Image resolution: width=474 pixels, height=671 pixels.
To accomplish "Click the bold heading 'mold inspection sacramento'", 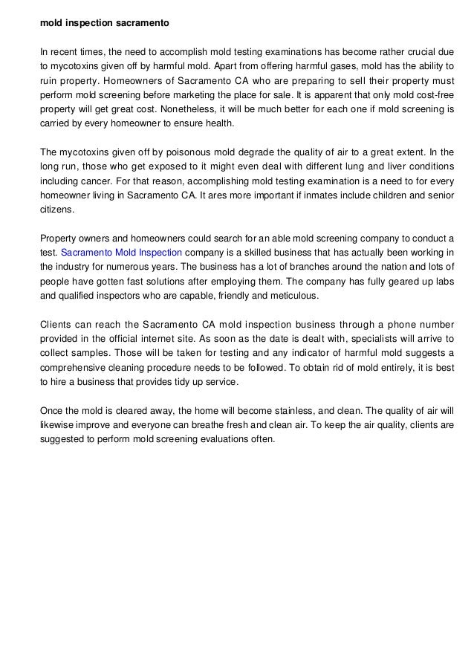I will click(105, 23).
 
